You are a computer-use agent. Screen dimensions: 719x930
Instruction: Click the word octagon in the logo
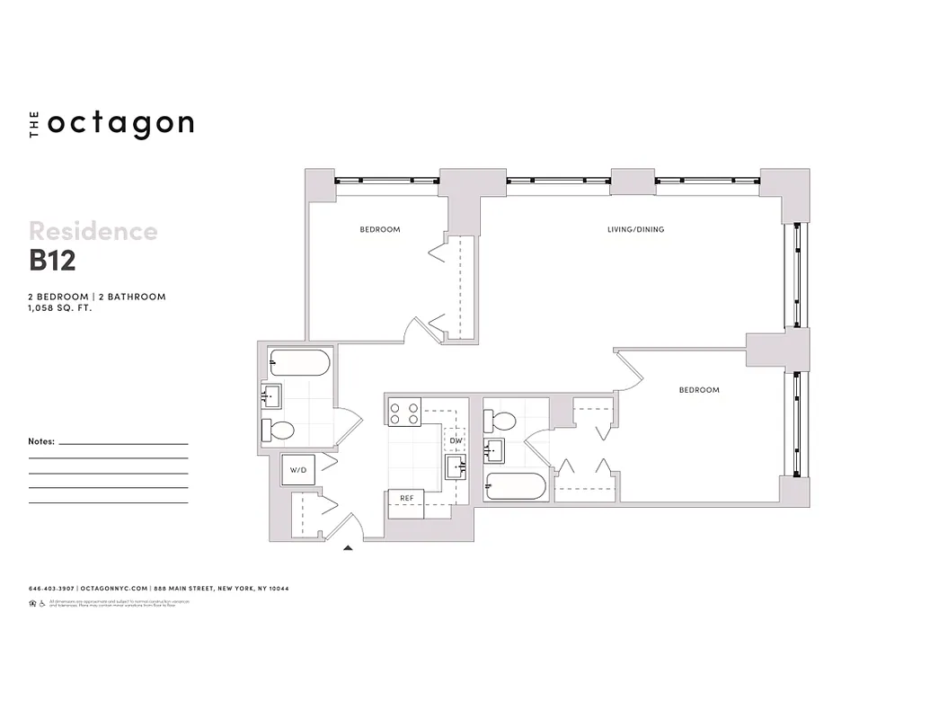(x=120, y=124)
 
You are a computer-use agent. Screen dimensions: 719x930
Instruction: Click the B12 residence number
(x=52, y=260)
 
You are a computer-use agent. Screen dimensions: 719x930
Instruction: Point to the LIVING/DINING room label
(x=635, y=230)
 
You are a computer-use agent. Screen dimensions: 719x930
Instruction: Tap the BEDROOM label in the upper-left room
(x=380, y=230)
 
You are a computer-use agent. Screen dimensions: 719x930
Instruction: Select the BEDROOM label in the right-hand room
(x=698, y=390)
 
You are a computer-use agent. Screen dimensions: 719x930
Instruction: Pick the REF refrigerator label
(x=406, y=497)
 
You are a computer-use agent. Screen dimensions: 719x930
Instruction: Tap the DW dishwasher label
(x=456, y=440)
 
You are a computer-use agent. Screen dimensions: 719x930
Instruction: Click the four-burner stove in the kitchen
(x=403, y=413)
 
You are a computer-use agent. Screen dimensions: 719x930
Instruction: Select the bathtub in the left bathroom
(x=298, y=364)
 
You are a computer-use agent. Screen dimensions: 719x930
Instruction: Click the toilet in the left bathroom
(x=279, y=430)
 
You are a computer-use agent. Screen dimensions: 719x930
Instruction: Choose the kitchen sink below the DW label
(x=456, y=466)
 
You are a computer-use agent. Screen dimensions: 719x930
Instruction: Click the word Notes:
(x=41, y=442)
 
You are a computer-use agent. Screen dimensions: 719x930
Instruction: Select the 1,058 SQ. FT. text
(x=60, y=307)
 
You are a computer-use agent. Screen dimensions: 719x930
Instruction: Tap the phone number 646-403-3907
(x=51, y=589)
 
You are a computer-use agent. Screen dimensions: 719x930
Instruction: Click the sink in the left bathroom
(x=271, y=395)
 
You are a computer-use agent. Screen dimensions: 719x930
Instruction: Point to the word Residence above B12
(x=93, y=232)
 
